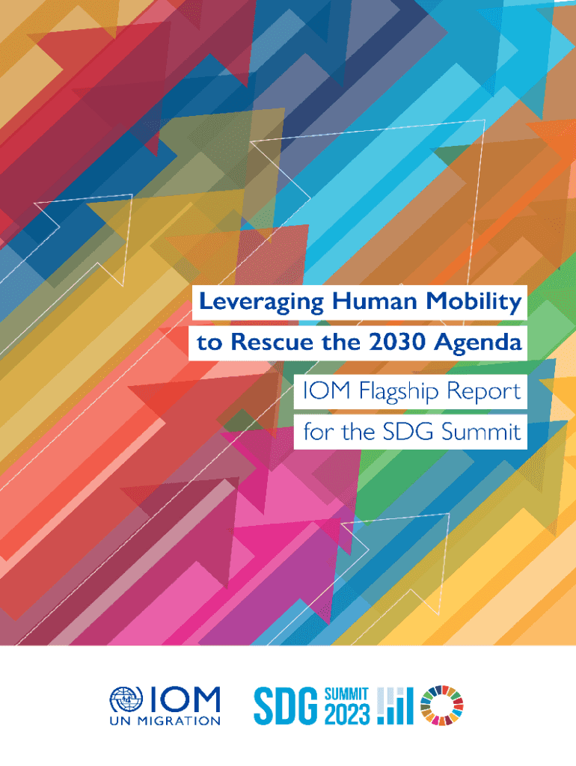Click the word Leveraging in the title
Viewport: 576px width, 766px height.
(x=261, y=302)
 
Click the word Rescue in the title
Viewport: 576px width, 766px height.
(x=272, y=342)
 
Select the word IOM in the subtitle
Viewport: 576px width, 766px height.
(x=327, y=390)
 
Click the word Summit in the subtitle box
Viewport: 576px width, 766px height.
(x=481, y=432)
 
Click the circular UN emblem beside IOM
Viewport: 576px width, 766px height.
(x=126, y=699)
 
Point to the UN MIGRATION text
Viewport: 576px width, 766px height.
(x=165, y=721)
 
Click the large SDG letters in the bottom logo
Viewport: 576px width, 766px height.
(x=286, y=706)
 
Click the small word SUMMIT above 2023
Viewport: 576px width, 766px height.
(x=347, y=694)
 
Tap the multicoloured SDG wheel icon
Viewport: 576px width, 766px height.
(x=441, y=705)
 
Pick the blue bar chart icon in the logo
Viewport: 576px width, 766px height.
(x=395, y=706)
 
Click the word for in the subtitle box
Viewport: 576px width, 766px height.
(x=318, y=432)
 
